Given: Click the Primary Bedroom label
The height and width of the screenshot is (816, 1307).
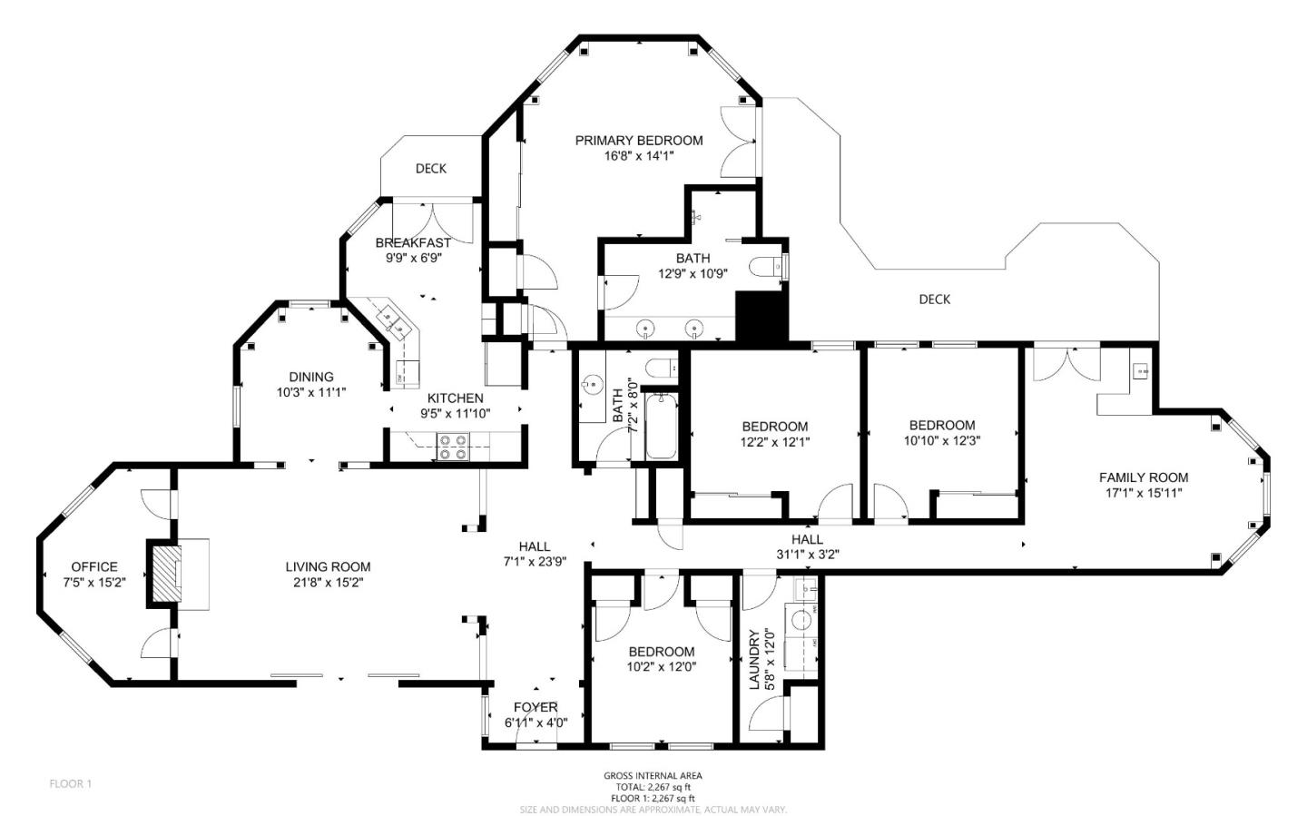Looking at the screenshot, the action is point(639,141).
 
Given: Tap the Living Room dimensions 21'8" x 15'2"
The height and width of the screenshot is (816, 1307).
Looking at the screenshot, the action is point(328,583).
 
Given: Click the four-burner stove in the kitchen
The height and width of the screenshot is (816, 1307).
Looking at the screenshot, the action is point(454,447).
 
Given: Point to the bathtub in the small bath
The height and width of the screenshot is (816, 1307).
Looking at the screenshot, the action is point(661,427).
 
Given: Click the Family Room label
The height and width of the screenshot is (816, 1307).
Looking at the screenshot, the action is point(1144,477).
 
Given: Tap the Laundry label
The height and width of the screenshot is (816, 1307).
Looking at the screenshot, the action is point(754,659).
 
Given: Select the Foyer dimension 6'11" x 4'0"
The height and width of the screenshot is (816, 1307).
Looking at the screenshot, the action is point(536,723).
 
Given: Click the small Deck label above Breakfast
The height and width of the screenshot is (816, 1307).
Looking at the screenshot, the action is point(431,169).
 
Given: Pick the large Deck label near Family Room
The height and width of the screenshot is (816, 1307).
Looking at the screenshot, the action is point(935,300).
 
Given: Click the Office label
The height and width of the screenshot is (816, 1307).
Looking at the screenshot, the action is point(94,566).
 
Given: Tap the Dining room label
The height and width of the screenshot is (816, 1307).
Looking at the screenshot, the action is point(311,377).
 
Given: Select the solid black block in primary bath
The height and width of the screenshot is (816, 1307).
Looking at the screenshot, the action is point(762,317).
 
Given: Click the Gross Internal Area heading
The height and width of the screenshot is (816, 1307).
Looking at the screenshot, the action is point(653,776).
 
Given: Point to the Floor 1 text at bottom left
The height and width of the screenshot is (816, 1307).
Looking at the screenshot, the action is point(71,784).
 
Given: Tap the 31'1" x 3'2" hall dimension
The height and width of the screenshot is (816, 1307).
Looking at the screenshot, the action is point(808,555).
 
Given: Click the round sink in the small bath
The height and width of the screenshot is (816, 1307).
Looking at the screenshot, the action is point(592,385).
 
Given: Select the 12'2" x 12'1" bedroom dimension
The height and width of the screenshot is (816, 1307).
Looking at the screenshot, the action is point(775,442).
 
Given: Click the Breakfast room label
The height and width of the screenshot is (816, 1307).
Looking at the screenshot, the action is point(413,243).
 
